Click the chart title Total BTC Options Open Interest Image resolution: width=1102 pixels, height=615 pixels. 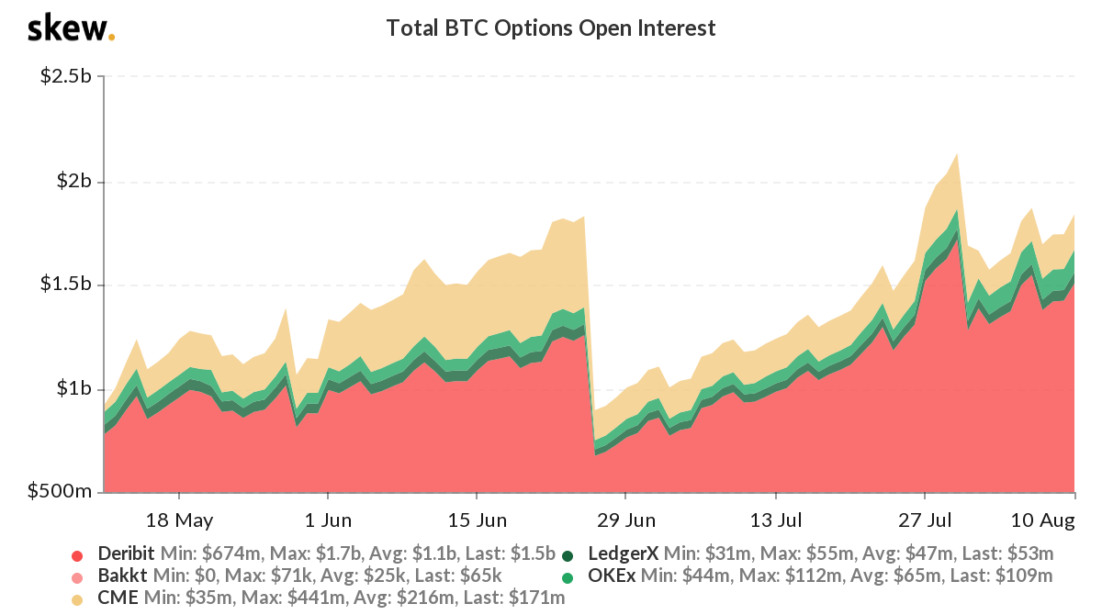click(550, 28)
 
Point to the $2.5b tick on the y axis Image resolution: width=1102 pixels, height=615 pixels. click(65, 76)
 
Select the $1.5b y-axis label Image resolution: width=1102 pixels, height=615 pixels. click(65, 285)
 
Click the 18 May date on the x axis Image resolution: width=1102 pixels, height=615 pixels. click(179, 520)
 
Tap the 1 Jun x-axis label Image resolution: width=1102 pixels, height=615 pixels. click(328, 520)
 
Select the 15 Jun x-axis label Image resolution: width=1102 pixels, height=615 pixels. click(478, 520)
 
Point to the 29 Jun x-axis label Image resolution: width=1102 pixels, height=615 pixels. click(625, 520)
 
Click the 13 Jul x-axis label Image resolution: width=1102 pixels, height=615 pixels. click(776, 520)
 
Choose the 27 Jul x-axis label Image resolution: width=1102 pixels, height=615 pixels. click(925, 520)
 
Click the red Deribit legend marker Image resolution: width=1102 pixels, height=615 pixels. click(77, 554)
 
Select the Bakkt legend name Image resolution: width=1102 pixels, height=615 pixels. click(119, 576)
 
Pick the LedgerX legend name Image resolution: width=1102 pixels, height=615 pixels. click(623, 554)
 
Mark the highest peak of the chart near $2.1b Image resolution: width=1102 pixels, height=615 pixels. click(958, 154)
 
